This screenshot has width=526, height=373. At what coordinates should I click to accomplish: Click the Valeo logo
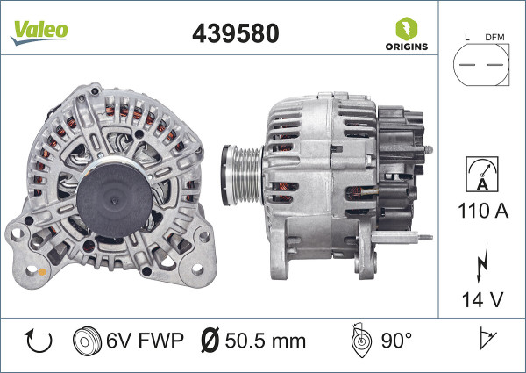[x=39, y=32]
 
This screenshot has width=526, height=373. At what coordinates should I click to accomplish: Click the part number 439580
[x=236, y=33]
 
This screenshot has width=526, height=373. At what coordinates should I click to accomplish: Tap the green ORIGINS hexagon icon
[x=407, y=29]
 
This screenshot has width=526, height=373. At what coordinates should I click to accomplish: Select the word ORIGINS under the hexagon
[x=407, y=47]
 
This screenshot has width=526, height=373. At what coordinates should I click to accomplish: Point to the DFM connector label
[x=494, y=37]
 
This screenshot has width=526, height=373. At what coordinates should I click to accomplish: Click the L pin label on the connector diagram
[x=467, y=37]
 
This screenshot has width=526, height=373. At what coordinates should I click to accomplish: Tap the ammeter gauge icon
[x=482, y=174]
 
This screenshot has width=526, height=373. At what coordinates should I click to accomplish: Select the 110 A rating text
[x=483, y=211]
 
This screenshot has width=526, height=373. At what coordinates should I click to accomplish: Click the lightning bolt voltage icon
[x=482, y=263]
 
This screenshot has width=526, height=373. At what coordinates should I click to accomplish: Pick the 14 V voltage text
[x=483, y=299]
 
